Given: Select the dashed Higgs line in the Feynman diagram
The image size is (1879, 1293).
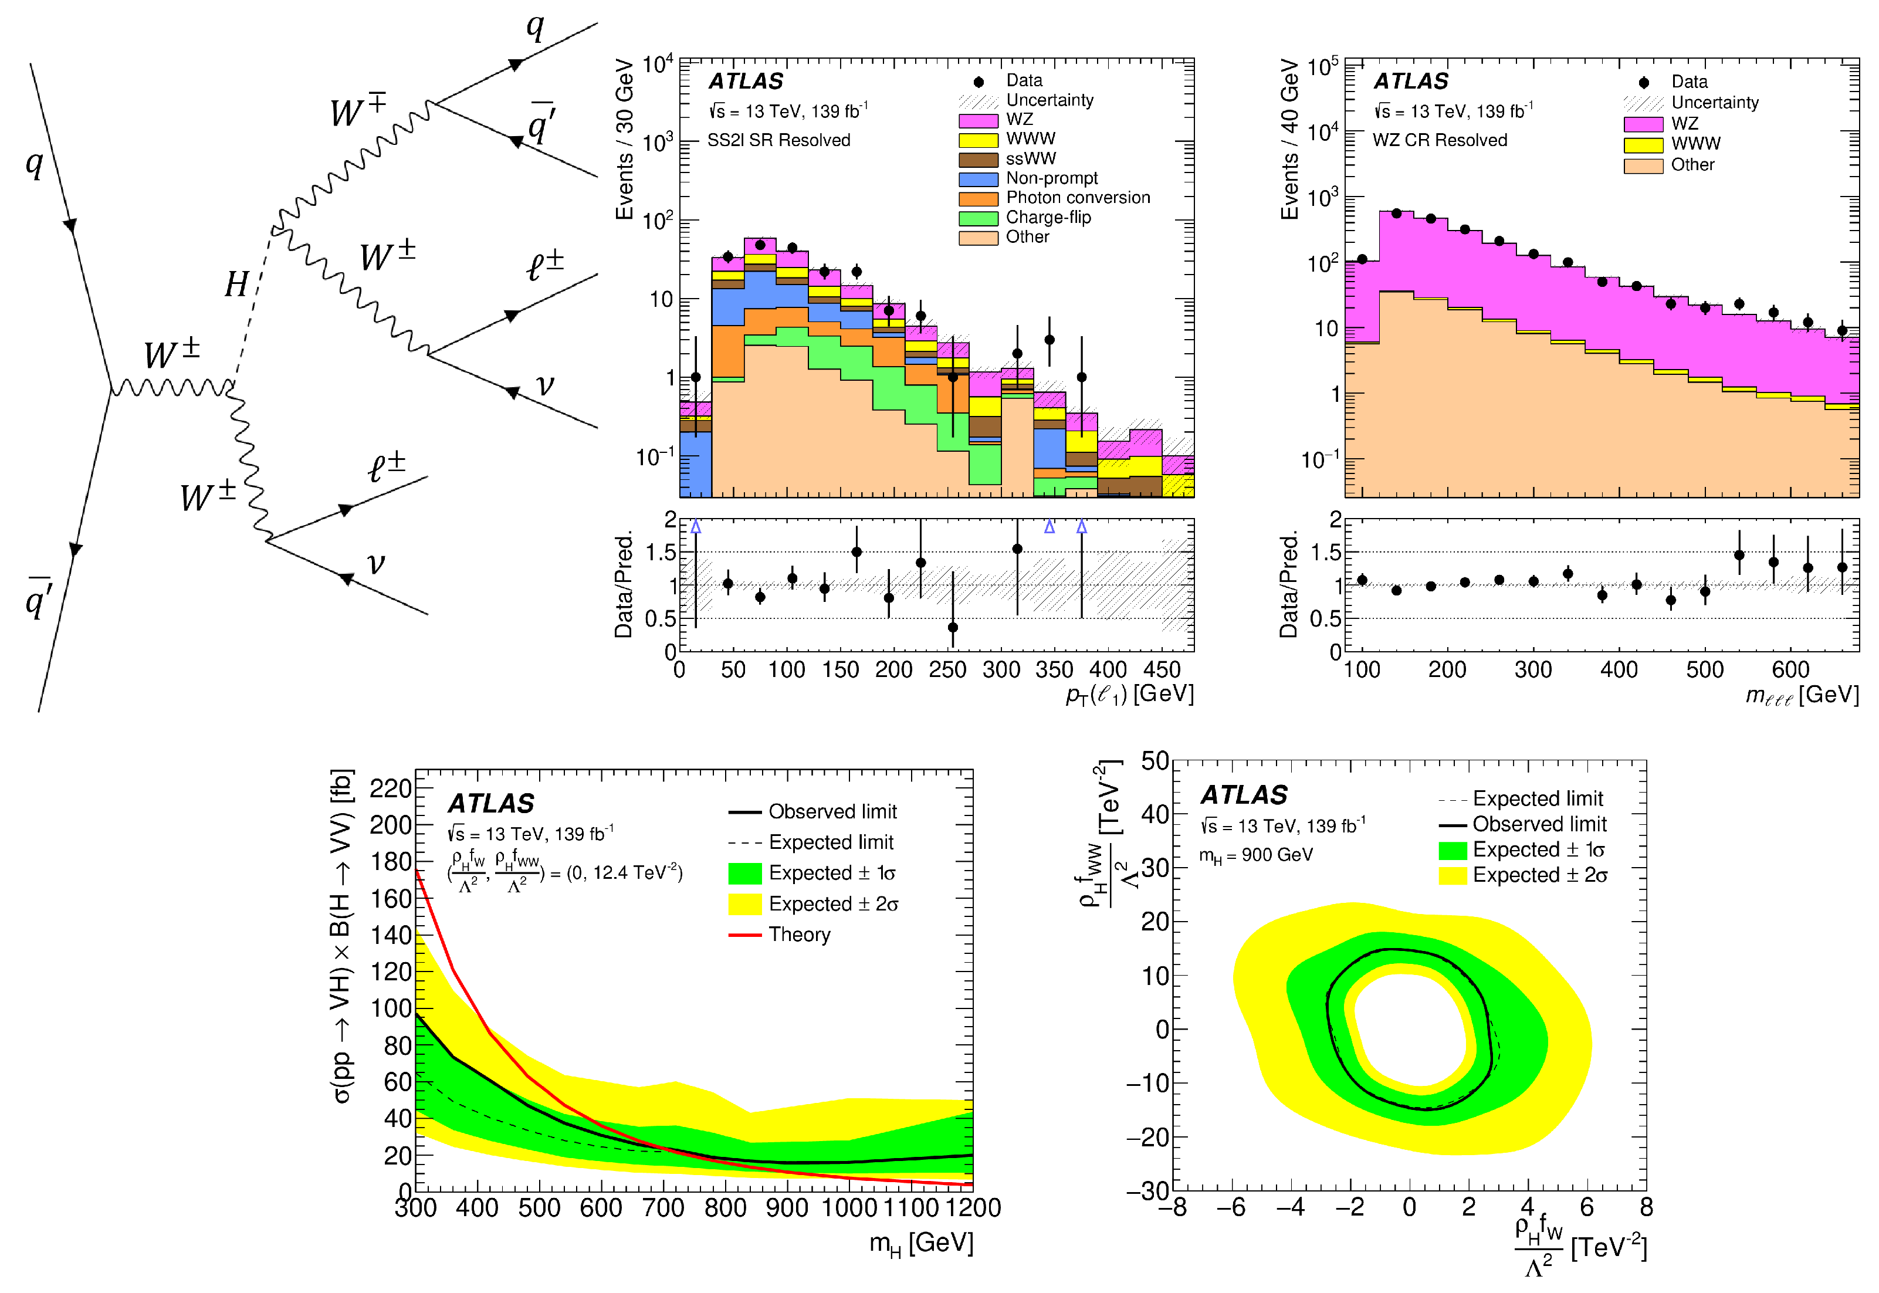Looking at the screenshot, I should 252,308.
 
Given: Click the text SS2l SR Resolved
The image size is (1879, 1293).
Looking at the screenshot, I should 778,140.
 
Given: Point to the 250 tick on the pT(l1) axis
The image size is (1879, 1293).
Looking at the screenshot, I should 947,670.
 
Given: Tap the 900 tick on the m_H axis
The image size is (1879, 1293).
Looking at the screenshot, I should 787,1208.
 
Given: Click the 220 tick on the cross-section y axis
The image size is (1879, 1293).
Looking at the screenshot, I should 391,788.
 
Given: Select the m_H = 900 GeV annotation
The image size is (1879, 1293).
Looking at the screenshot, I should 1255,855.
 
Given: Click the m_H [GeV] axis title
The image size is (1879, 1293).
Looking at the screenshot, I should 921,1244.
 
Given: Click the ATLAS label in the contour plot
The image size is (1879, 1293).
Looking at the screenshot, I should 1244,796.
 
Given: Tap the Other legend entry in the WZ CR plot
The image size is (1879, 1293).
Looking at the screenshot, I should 1692,165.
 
